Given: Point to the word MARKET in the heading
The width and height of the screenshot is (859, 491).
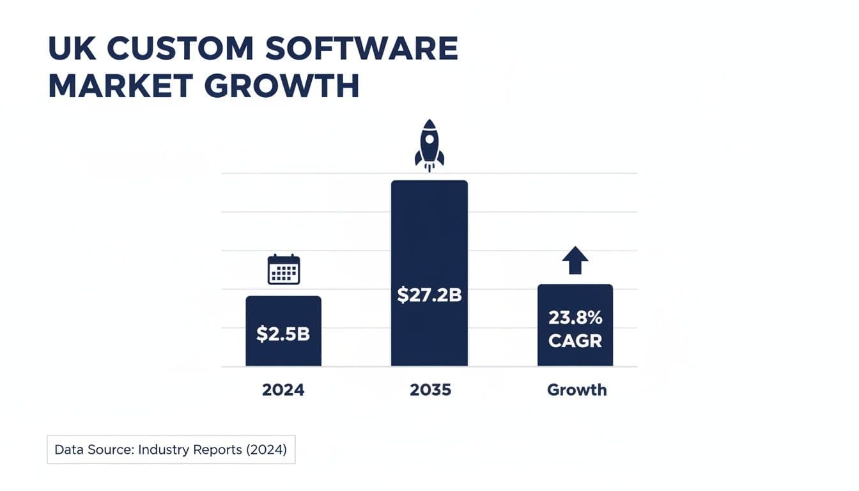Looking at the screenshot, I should (x=120, y=86).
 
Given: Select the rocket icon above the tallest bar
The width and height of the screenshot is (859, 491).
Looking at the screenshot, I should (x=429, y=144).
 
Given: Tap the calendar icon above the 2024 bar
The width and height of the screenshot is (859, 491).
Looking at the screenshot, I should (x=283, y=269).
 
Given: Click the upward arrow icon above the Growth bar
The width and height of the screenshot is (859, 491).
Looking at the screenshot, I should (x=575, y=260).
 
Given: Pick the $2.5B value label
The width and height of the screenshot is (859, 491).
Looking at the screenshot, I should (x=283, y=333).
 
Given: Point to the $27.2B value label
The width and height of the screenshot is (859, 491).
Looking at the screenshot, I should (x=429, y=295).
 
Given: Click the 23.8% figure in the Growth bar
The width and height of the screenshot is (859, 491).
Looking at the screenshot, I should (x=575, y=318).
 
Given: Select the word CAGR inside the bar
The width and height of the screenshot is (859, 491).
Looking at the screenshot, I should (x=575, y=341).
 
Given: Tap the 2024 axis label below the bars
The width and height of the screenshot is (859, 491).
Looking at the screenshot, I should (x=283, y=389).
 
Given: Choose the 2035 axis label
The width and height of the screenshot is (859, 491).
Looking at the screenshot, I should (x=430, y=389).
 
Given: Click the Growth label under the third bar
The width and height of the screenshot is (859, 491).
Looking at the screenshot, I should (x=577, y=389).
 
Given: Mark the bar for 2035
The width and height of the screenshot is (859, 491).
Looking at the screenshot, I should (x=429, y=243).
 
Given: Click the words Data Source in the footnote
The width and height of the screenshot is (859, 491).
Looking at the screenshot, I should (x=93, y=449).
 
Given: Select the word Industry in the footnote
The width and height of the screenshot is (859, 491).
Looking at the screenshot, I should (x=162, y=449).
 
